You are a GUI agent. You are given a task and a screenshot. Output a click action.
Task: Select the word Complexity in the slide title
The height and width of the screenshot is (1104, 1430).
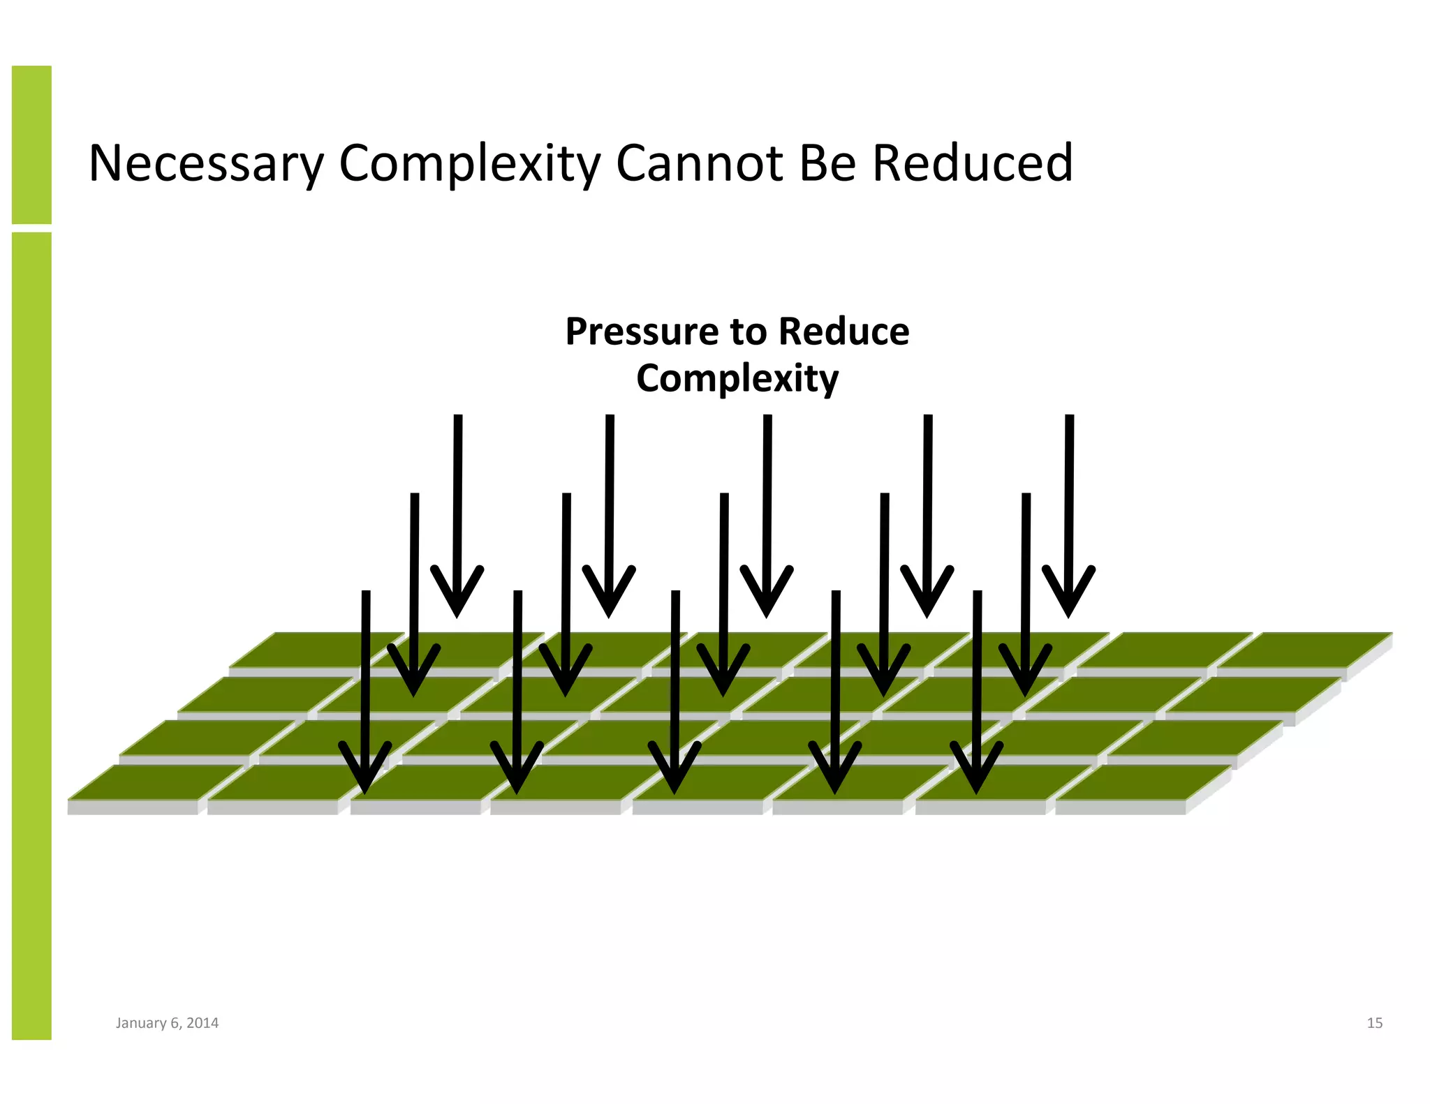[469, 164]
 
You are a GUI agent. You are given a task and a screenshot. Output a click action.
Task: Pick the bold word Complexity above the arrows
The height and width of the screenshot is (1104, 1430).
[737, 379]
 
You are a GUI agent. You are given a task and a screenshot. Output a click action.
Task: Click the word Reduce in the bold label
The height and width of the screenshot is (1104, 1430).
[843, 331]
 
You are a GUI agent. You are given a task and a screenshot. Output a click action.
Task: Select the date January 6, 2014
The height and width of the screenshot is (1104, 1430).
[167, 1023]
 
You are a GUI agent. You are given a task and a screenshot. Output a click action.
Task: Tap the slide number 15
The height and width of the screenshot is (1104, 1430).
[1374, 1023]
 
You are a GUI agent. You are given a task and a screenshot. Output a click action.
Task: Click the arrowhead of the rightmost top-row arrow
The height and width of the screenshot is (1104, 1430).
[1068, 593]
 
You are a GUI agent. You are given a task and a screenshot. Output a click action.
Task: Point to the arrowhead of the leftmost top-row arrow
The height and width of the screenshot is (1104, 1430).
[457, 593]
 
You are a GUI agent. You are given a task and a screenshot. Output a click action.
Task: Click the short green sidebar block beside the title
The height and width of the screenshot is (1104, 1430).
[31, 144]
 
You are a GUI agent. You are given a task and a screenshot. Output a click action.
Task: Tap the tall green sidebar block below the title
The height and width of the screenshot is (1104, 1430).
[31, 635]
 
